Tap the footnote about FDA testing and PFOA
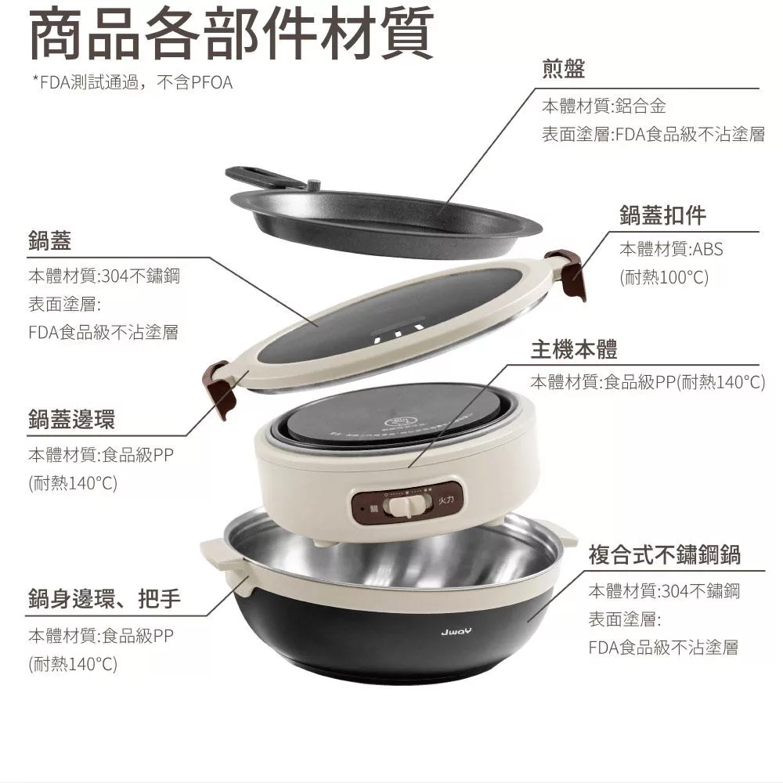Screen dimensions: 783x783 (132, 82)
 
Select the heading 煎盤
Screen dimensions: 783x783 (563, 70)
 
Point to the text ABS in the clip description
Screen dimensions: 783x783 (707, 250)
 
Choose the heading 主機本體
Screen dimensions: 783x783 (574, 349)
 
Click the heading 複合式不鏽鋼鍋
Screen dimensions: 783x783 (664, 555)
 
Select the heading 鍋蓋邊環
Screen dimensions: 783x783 (71, 420)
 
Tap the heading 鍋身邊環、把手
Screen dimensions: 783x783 (104, 600)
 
